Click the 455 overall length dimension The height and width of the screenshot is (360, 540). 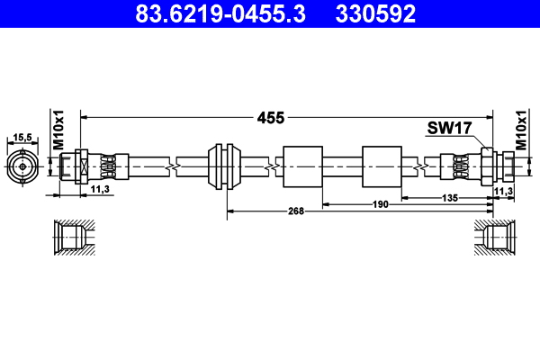tap(271, 118)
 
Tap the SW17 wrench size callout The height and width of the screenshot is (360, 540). tap(449, 129)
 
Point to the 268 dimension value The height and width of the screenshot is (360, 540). tap(296, 211)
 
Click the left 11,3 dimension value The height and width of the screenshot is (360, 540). tap(101, 190)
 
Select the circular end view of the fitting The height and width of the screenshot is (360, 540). tap(22, 166)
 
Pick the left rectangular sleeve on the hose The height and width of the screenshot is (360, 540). tap(302, 166)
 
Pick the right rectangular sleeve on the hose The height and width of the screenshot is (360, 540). tap(382, 166)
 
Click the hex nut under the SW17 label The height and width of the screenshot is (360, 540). tap(488, 166)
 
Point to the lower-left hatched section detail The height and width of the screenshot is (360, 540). tap(69, 240)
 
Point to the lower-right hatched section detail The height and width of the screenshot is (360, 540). tap(493, 240)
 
